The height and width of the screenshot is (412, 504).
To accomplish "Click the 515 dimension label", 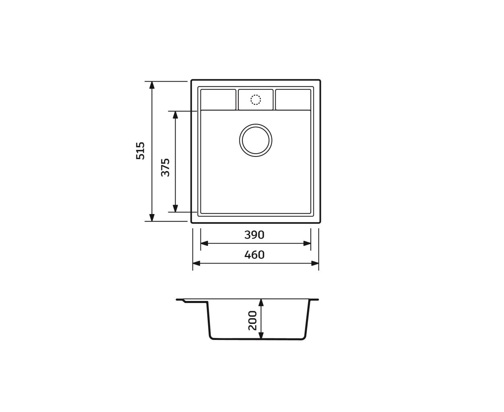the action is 140,151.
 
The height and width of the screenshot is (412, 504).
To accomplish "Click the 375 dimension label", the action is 165,167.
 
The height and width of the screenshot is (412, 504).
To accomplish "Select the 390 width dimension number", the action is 254,235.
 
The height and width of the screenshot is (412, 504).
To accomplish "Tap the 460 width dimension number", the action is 254,255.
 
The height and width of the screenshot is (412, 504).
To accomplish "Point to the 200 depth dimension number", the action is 252,321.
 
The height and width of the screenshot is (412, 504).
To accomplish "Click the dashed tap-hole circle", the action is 256,100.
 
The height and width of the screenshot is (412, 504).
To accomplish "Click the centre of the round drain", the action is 256,140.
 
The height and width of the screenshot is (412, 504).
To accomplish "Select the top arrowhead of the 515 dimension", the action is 152,85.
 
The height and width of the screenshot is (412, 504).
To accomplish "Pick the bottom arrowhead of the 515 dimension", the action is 152,218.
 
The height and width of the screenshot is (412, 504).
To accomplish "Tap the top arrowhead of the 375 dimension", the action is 175,115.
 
